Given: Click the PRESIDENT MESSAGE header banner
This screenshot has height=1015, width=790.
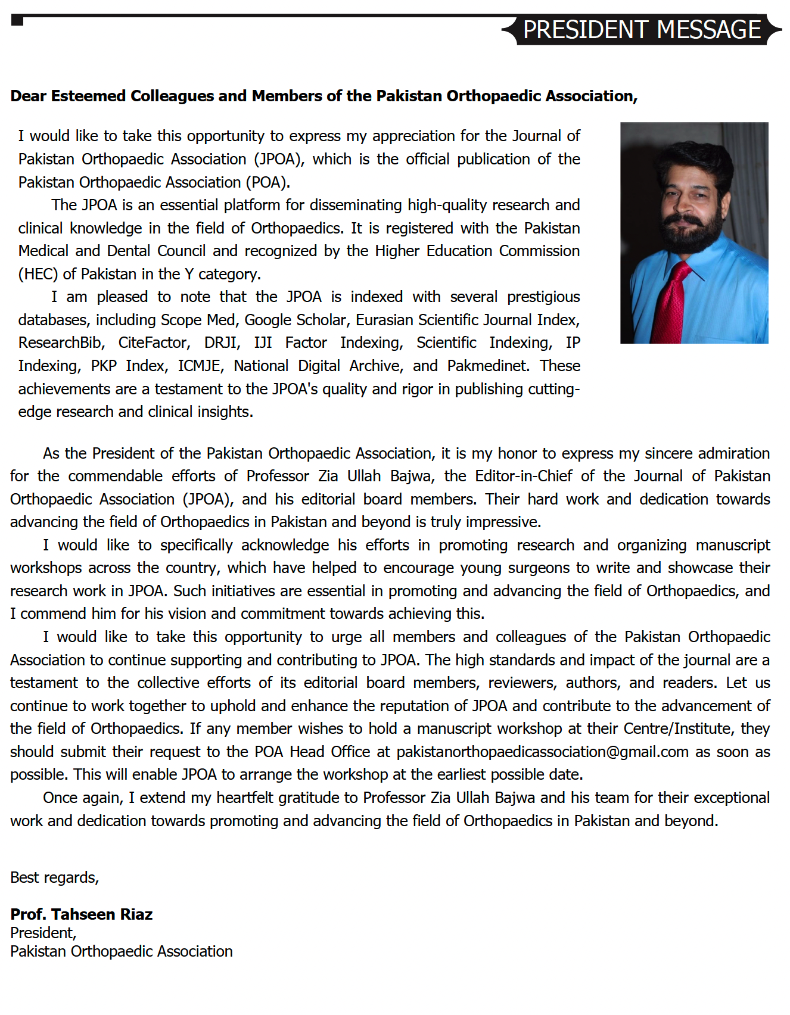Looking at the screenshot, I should (642, 30).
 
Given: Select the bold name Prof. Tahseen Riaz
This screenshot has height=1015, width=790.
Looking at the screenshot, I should (82, 914).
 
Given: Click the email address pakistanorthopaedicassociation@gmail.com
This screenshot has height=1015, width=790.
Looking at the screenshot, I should (542, 752).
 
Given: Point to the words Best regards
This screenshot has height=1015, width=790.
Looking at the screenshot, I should (54, 877).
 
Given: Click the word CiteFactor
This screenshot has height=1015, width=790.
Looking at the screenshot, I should (154, 343).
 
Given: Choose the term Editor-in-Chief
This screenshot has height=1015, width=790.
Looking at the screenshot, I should (524, 476).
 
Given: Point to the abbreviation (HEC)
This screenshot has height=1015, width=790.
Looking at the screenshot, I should (38, 274).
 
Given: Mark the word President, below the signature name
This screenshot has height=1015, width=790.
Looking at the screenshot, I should (43, 933).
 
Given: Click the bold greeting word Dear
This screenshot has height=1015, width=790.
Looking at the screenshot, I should (28, 96).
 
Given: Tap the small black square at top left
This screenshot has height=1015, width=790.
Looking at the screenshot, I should (17, 21).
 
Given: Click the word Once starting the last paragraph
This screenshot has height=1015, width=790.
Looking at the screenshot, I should (60, 798).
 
